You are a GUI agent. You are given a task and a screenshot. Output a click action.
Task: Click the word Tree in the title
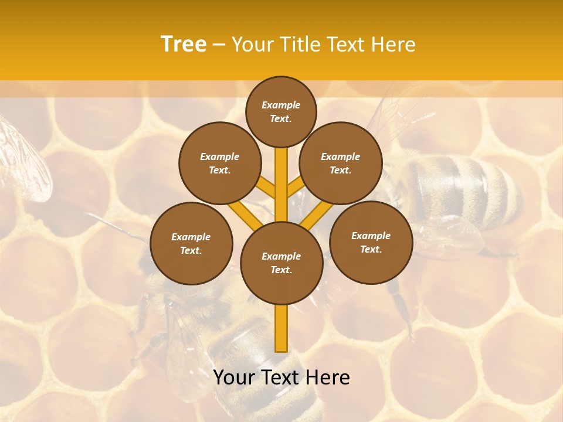pyautogui.click(x=184, y=44)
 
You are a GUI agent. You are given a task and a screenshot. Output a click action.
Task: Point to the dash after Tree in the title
pyautogui.click(x=219, y=45)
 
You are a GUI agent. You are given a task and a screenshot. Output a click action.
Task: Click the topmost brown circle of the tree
pyautogui.click(x=281, y=111)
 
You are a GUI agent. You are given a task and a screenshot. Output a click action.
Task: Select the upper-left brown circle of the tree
pyautogui.click(x=220, y=164)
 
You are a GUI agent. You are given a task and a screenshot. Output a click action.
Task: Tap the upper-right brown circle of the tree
pyautogui.click(x=341, y=164)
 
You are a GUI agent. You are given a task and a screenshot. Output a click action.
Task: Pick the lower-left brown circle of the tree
pyautogui.click(x=191, y=243)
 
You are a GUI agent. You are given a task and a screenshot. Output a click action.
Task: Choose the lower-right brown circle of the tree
pyautogui.click(x=371, y=242)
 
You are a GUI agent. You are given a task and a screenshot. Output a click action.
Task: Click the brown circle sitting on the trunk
pyautogui.click(x=281, y=263)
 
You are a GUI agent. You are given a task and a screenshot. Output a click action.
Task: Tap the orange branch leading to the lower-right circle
pyautogui.click(x=317, y=215)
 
